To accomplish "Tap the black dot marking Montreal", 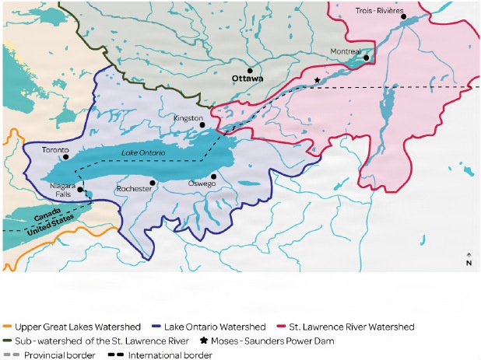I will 367,58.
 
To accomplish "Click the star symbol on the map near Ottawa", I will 316,80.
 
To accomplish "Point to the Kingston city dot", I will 202,124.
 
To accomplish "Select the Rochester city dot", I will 153,183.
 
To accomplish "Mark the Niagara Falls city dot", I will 80,189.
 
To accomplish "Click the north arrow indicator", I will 468,259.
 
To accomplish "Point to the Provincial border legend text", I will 59,355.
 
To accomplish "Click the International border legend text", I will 174,355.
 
